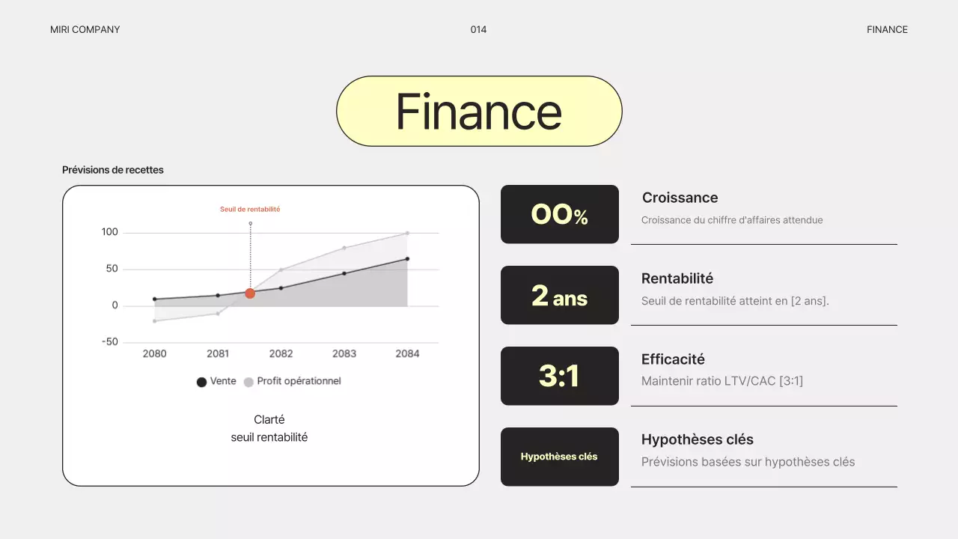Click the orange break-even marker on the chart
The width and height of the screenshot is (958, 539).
click(x=250, y=293)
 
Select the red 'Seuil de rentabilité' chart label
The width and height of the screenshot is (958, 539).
click(x=250, y=210)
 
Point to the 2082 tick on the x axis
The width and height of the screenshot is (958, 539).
click(x=281, y=353)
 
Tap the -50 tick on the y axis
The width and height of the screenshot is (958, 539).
click(x=110, y=342)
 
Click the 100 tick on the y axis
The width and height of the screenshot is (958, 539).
click(x=110, y=232)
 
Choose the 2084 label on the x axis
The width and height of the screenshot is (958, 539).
click(x=407, y=353)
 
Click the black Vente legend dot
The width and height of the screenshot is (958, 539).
click(x=201, y=382)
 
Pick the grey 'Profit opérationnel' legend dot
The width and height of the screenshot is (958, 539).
click(x=248, y=382)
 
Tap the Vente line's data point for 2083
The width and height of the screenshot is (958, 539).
click(x=344, y=273)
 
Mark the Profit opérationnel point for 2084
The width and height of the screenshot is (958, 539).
click(x=407, y=233)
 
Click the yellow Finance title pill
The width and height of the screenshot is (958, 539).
click(x=479, y=111)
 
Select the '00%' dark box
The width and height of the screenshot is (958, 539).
click(x=560, y=214)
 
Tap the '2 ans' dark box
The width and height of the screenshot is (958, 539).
click(x=560, y=295)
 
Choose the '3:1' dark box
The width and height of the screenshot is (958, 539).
click(x=560, y=376)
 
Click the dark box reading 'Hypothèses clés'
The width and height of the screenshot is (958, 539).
click(x=560, y=457)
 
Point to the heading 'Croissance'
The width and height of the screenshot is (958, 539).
click(x=680, y=198)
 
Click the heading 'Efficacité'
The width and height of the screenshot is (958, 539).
click(x=673, y=359)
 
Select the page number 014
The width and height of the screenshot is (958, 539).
click(x=478, y=30)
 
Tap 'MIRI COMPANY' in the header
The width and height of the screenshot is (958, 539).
click(x=85, y=30)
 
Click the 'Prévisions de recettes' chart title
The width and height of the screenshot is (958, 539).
click(x=113, y=170)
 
